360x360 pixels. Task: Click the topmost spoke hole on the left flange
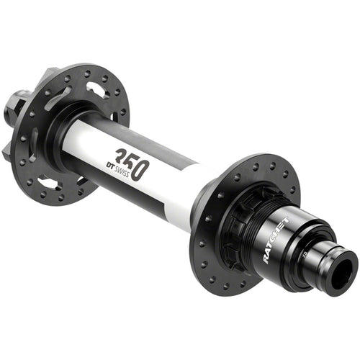pyautogui.click(x=88, y=71)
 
